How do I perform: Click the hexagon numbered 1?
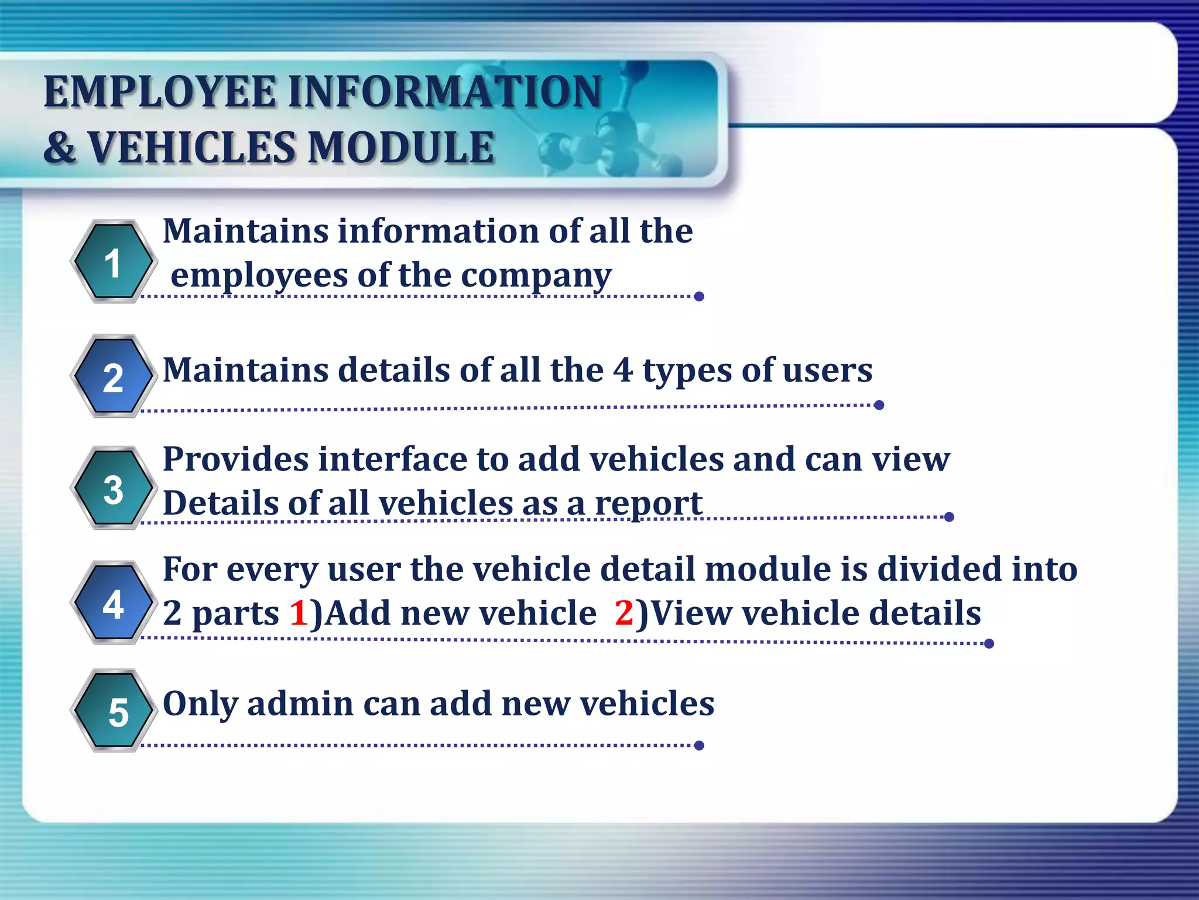coord(113,262)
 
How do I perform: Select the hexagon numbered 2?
coord(113,377)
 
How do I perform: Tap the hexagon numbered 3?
coord(113,488)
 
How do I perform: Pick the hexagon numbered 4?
coord(113,603)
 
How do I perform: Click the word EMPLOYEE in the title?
coord(160,92)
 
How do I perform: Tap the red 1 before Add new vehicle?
coord(299,613)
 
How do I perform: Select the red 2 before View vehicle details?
coord(624,613)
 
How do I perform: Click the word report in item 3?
coord(648,504)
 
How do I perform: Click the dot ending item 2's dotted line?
coord(879,405)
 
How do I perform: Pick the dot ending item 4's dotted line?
coord(989,644)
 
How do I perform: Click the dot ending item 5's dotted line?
coord(698,745)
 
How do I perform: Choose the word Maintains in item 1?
coord(245,231)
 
